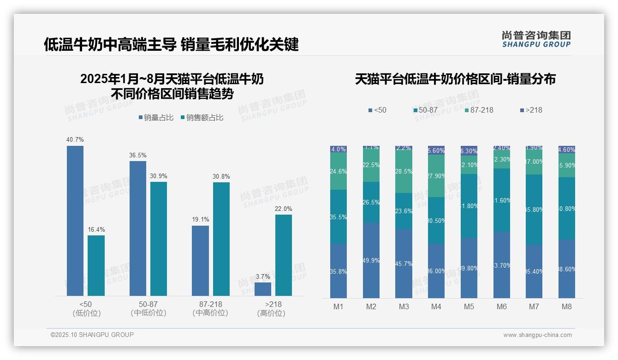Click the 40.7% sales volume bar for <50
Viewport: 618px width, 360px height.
click(75, 221)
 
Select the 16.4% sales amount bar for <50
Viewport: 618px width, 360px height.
click(96, 265)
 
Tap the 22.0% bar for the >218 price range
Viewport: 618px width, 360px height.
click(284, 255)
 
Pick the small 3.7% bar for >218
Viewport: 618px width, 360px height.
click(263, 289)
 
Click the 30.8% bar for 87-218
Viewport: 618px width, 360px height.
click(221, 239)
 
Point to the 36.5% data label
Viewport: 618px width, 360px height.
click(137, 155)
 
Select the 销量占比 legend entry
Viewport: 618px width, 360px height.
click(156, 118)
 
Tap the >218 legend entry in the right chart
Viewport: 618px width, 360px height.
click(531, 110)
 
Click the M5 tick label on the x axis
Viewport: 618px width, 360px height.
click(469, 306)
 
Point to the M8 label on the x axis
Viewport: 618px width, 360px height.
click(567, 306)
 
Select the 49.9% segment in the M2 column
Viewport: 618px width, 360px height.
click(371, 260)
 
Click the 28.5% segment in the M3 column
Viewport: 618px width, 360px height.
click(404, 172)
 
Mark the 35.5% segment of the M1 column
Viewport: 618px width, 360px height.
click(339, 216)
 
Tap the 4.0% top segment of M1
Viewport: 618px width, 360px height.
click(339, 149)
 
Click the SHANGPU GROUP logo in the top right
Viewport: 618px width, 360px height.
click(536, 39)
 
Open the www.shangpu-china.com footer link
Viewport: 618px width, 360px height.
click(537, 335)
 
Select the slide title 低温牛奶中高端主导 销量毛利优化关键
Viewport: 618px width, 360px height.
click(171, 44)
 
